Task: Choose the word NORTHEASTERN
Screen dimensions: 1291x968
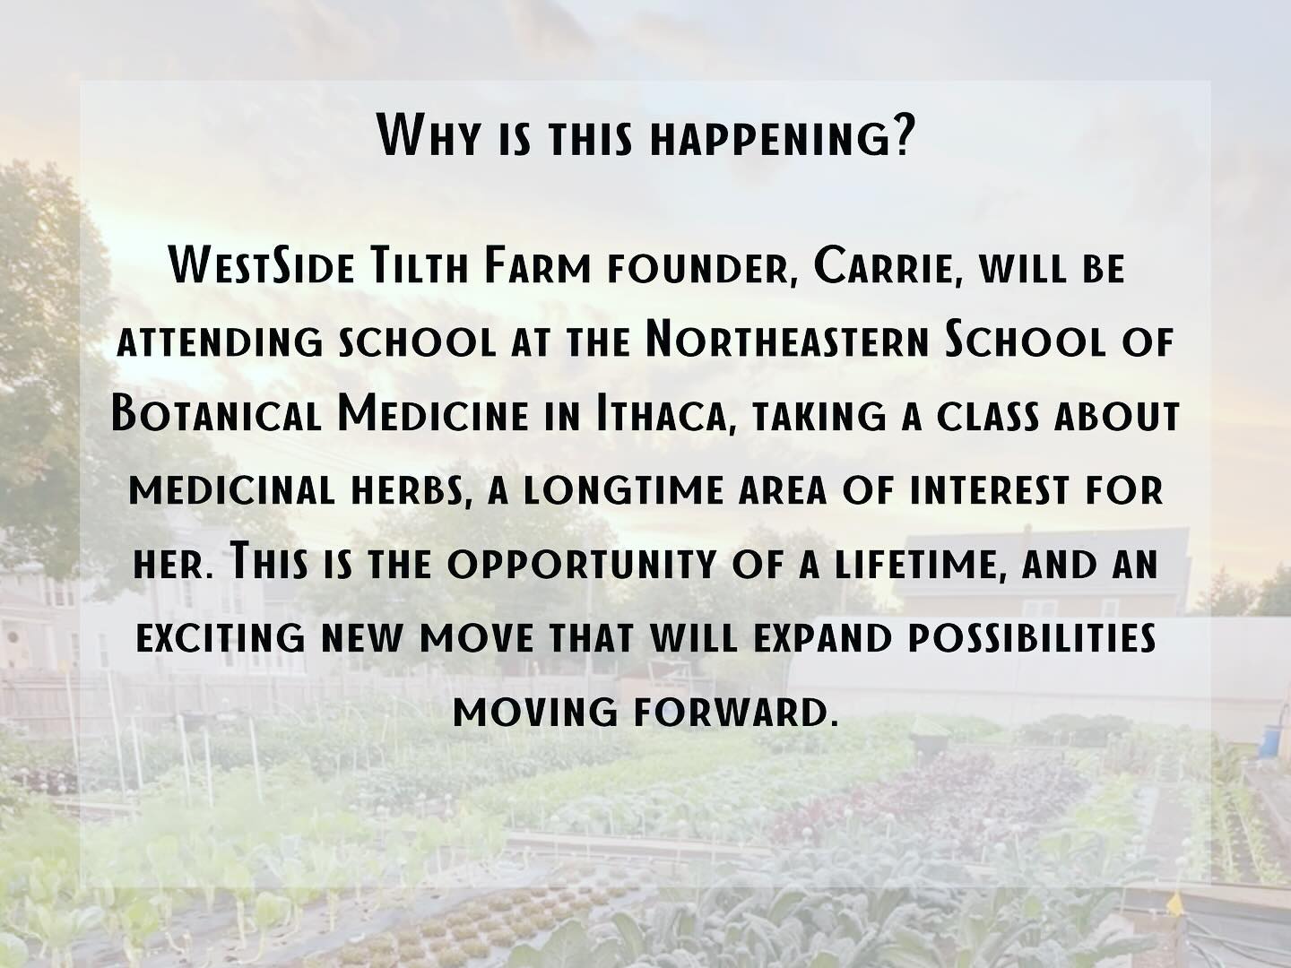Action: tap(787, 341)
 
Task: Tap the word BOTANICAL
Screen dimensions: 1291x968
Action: tap(216, 414)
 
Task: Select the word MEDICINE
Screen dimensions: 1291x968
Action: tap(433, 414)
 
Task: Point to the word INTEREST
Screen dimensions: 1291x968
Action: tap(989, 491)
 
